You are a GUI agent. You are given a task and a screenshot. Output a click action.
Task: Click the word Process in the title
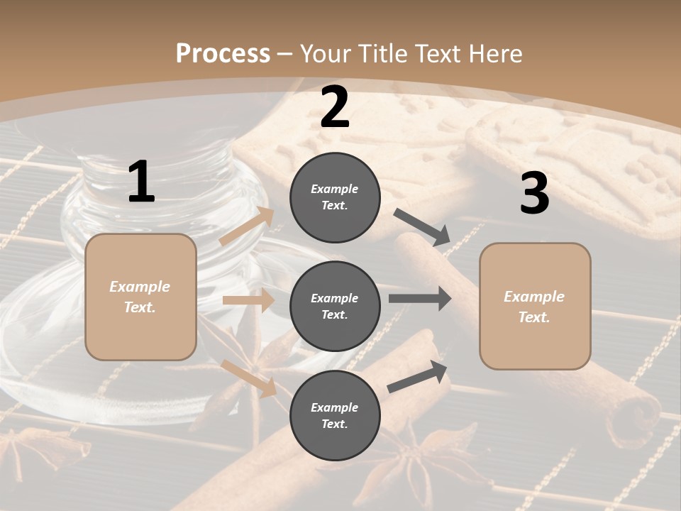point(223,54)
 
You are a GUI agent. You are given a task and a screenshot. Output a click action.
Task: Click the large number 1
point(141,182)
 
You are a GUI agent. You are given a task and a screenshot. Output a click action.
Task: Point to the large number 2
point(335,106)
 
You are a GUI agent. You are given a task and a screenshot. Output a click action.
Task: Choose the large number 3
point(534,193)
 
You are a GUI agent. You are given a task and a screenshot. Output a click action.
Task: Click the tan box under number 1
point(140,297)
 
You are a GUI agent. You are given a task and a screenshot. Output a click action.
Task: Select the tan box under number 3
point(535,306)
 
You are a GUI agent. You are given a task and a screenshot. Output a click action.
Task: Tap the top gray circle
point(335,197)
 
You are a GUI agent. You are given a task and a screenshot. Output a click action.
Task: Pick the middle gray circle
point(335,306)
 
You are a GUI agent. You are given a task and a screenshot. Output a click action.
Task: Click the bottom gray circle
point(335,415)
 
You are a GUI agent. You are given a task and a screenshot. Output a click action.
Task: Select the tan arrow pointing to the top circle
point(247,226)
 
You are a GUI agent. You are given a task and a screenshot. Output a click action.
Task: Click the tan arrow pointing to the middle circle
point(248,300)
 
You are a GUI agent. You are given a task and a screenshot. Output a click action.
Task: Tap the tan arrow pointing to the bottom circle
point(248,378)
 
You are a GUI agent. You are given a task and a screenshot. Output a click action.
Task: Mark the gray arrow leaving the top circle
point(423,228)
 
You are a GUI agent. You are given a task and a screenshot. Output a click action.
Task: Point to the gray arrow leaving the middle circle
point(420,299)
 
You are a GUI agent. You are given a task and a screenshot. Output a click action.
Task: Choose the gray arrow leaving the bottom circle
point(417,377)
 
